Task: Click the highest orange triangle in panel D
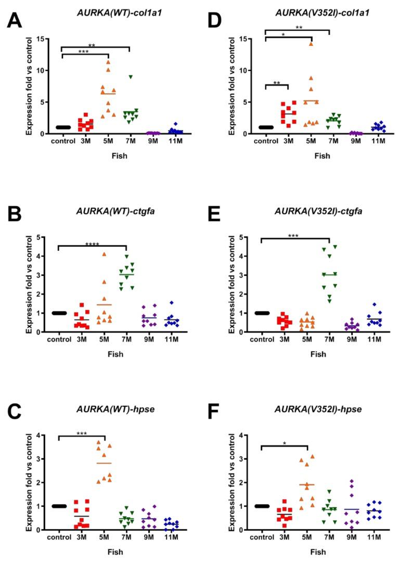pos(311,44)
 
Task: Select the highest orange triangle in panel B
pos(104,254)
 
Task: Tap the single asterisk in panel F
pos(285,443)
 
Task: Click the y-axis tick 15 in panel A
pos(40,39)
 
